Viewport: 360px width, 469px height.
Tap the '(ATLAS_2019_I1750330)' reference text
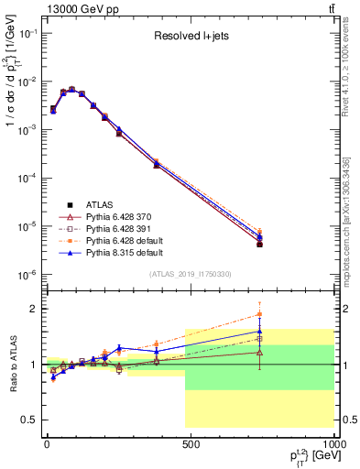(190, 274)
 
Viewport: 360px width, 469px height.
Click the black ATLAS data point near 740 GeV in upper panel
(260, 245)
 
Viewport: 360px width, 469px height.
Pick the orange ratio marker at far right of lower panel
(260, 314)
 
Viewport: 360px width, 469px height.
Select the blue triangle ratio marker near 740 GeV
(260, 332)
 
